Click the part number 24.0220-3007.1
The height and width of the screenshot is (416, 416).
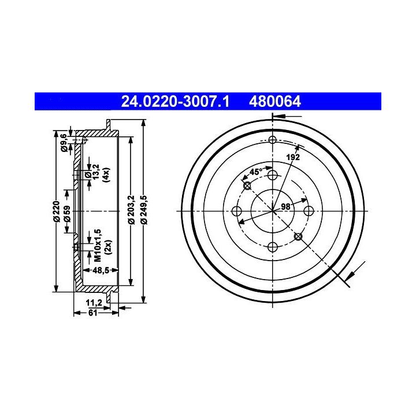(175, 102)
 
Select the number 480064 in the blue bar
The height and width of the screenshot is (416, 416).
(275, 102)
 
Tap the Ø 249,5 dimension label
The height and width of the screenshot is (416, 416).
(144, 210)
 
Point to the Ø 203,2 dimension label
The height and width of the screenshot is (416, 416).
(131, 210)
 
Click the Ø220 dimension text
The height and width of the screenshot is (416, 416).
(57, 211)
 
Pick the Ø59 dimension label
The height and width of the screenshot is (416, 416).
(67, 214)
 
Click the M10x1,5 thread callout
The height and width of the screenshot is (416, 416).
(98, 246)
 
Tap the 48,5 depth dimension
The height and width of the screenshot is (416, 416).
(101, 270)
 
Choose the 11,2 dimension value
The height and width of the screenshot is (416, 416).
(94, 302)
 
